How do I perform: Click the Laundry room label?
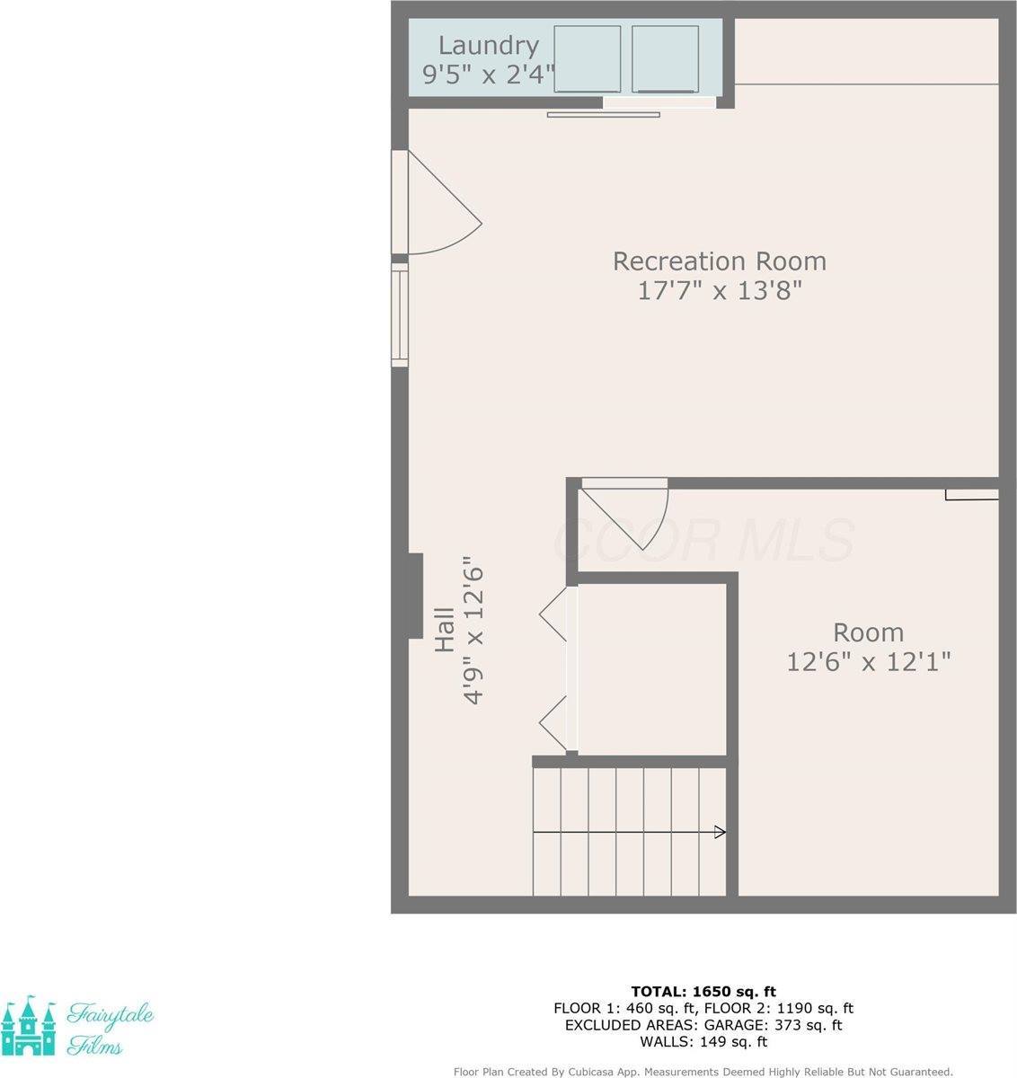pyautogui.click(x=489, y=45)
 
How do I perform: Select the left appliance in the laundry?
pyautogui.click(x=587, y=58)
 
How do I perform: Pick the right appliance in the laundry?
pyautogui.click(x=665, y=58)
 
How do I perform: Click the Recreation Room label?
pyautogui.click(x=719, y=261)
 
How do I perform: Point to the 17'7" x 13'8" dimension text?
pyautogui.click(x=719, y=291)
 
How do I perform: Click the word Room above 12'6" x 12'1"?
pyautogui.click(x=868, y=632)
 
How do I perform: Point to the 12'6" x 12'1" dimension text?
pyautogui.click(x=868, y=662)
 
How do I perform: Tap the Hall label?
pyautogui.click(x=445, y=630)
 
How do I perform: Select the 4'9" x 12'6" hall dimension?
pyautogui.click(x=473, y=634)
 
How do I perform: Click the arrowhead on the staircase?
pyautogui.click(x=720, y=832)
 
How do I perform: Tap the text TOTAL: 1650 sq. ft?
pyautogui.click(x=703, y=992)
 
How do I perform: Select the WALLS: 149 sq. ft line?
pyautogui.click(x=703, y=1042)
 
